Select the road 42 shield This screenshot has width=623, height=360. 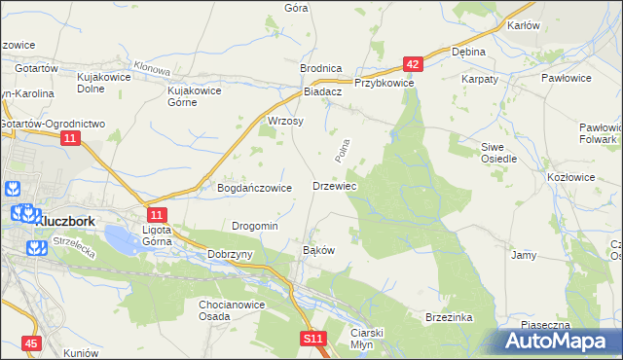(414, 64)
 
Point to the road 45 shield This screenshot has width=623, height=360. (33, 343)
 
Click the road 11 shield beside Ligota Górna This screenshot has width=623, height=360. (157, 214)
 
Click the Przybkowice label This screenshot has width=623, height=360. (385, 84)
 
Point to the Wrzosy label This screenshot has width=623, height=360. (285, 122)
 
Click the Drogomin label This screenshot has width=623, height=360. (255, 226)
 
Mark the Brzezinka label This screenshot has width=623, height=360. (449, 317)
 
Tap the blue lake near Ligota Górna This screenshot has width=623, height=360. (121, 236)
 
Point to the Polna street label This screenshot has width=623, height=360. (341, 149)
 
